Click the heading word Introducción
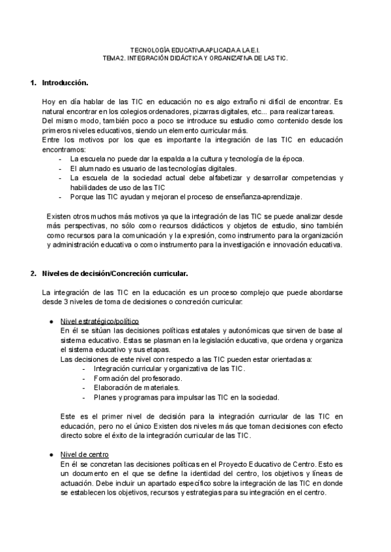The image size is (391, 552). [65, 83]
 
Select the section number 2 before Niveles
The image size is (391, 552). [33, 273]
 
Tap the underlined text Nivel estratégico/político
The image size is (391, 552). [99, 322]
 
